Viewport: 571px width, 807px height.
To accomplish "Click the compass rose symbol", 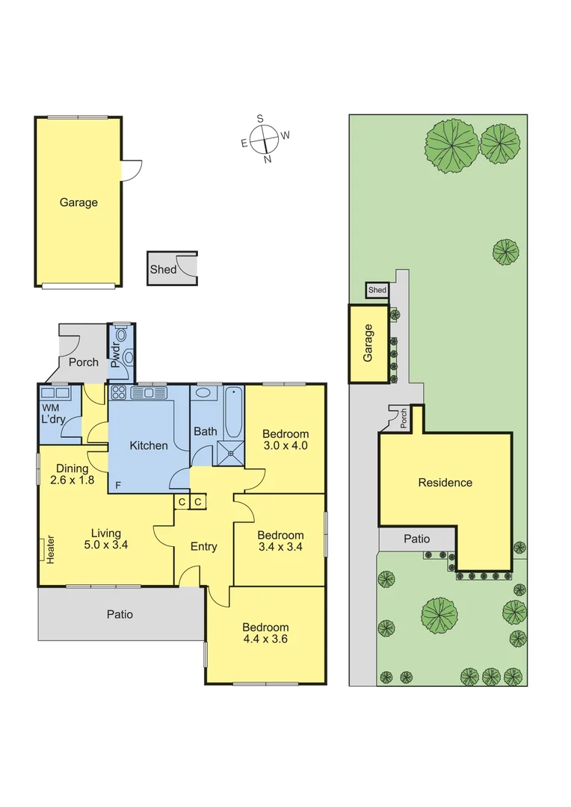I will click(265, 138).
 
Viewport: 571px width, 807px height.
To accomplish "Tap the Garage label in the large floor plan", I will click(78, 202).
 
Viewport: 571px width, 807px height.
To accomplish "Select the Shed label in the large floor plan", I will click(163, 269).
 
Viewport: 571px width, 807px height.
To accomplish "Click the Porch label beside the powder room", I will click(84, 362).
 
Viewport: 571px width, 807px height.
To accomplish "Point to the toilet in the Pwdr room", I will click(128, 357).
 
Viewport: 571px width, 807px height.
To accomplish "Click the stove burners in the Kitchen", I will click(118, 392).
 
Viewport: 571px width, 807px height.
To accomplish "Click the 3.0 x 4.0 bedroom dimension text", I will click(285, 446).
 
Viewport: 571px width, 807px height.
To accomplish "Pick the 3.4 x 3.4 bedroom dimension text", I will click(280, 547).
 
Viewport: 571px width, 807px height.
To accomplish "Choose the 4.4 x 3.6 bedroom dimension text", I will click(265, 639).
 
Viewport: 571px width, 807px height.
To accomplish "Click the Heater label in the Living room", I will click(51, 549).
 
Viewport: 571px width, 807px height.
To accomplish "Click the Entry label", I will click(203, 547).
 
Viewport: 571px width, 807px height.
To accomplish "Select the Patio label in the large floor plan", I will click(120, 614).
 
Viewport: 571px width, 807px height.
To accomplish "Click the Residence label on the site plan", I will click(445, 483).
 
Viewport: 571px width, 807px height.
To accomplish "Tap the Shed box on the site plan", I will click(377, 290).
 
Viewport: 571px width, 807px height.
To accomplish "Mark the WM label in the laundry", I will click(49, 407).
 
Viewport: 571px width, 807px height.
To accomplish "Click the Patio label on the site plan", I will click(417, 539).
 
